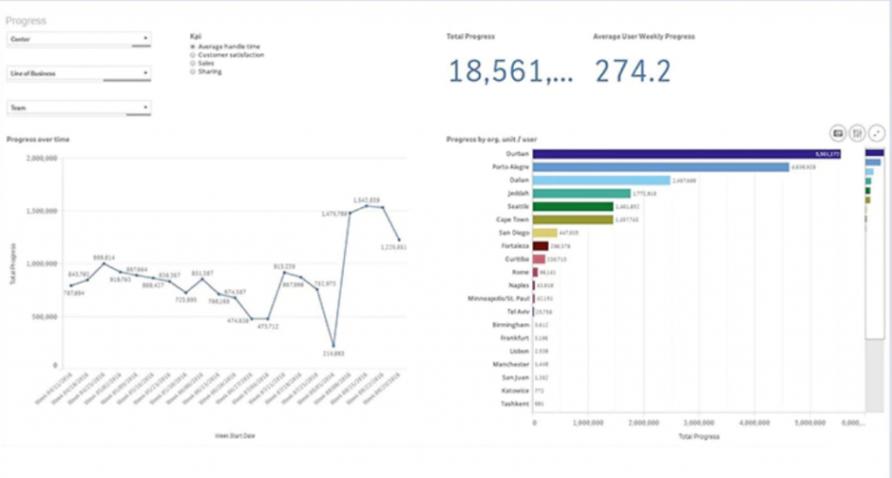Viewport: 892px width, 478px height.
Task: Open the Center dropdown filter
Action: point(78,38)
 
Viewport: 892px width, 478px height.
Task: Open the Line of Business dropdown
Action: point(78,74)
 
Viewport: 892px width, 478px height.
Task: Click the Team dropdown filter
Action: point(78,108)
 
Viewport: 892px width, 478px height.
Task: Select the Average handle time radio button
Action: point(193,46)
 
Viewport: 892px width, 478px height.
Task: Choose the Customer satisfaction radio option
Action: point(193,55)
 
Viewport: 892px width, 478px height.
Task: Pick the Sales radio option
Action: point(193,63)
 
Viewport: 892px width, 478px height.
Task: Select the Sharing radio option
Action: point(193,71)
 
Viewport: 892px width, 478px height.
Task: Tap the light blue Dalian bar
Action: point(601,180)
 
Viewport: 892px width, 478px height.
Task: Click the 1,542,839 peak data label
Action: point(366,199)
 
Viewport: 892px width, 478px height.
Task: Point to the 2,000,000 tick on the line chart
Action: point(43,158)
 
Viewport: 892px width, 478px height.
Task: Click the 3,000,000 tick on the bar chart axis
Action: point(700,422)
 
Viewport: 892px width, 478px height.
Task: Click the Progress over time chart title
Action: point(38,139)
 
